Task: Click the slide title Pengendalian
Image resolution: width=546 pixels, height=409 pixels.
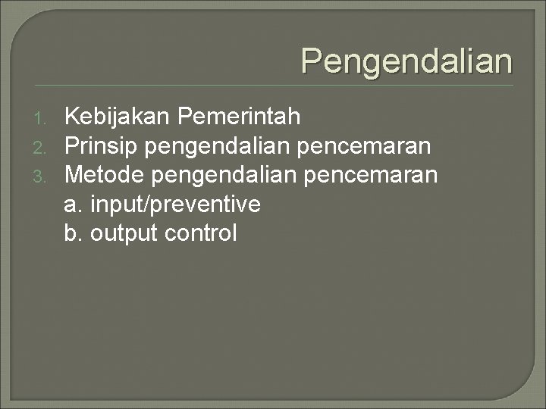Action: click(406, 61)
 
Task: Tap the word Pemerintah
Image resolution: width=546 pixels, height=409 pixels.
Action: click(240, 117)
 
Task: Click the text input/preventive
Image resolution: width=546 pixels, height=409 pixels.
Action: click(175, 204)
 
